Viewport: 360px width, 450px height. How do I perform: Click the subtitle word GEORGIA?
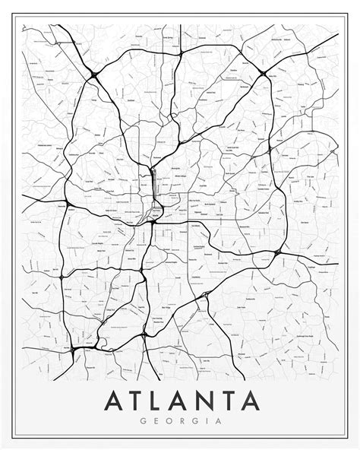[x=179, y=421]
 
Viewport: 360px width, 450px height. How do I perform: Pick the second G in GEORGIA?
[x=194, y=421]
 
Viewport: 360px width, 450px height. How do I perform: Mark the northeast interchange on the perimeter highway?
[x=262, y=74]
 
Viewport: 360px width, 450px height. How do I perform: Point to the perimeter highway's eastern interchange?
[x=278, y=252]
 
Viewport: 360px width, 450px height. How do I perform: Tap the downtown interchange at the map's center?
[x=154, y=215]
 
